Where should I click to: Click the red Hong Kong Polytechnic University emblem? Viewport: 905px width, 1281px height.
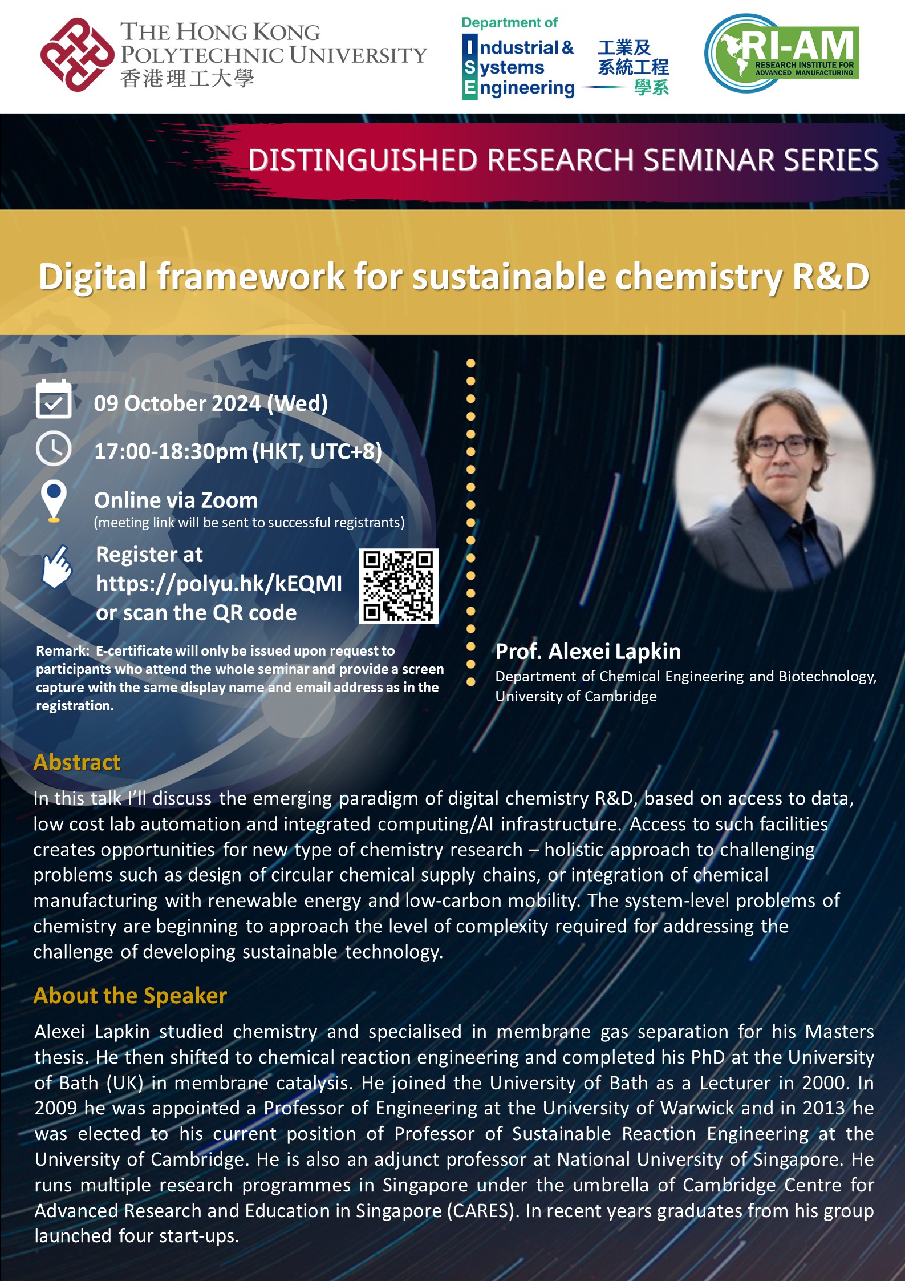click(76, 55)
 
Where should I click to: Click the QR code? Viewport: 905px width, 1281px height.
click(399, 586)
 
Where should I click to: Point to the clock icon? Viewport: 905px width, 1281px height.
click(54, 449)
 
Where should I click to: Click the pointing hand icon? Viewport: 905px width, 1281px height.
click(56, 568)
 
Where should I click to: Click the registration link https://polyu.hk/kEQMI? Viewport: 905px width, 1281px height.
click(219, 583)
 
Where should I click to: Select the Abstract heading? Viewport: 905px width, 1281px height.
click(77, 762)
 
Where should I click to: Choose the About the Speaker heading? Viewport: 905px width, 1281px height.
click(130, 995)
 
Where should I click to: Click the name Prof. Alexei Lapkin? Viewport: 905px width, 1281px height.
click(588, 651)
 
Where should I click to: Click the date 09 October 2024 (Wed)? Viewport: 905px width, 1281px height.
click(210, 403)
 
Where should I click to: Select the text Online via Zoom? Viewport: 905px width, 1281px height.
click(176, 500)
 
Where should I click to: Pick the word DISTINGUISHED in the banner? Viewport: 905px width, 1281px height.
click(363, 160)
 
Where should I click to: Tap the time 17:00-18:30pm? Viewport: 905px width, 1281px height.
click(171, 451)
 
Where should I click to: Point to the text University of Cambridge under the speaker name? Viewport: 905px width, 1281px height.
click(575, 696)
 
